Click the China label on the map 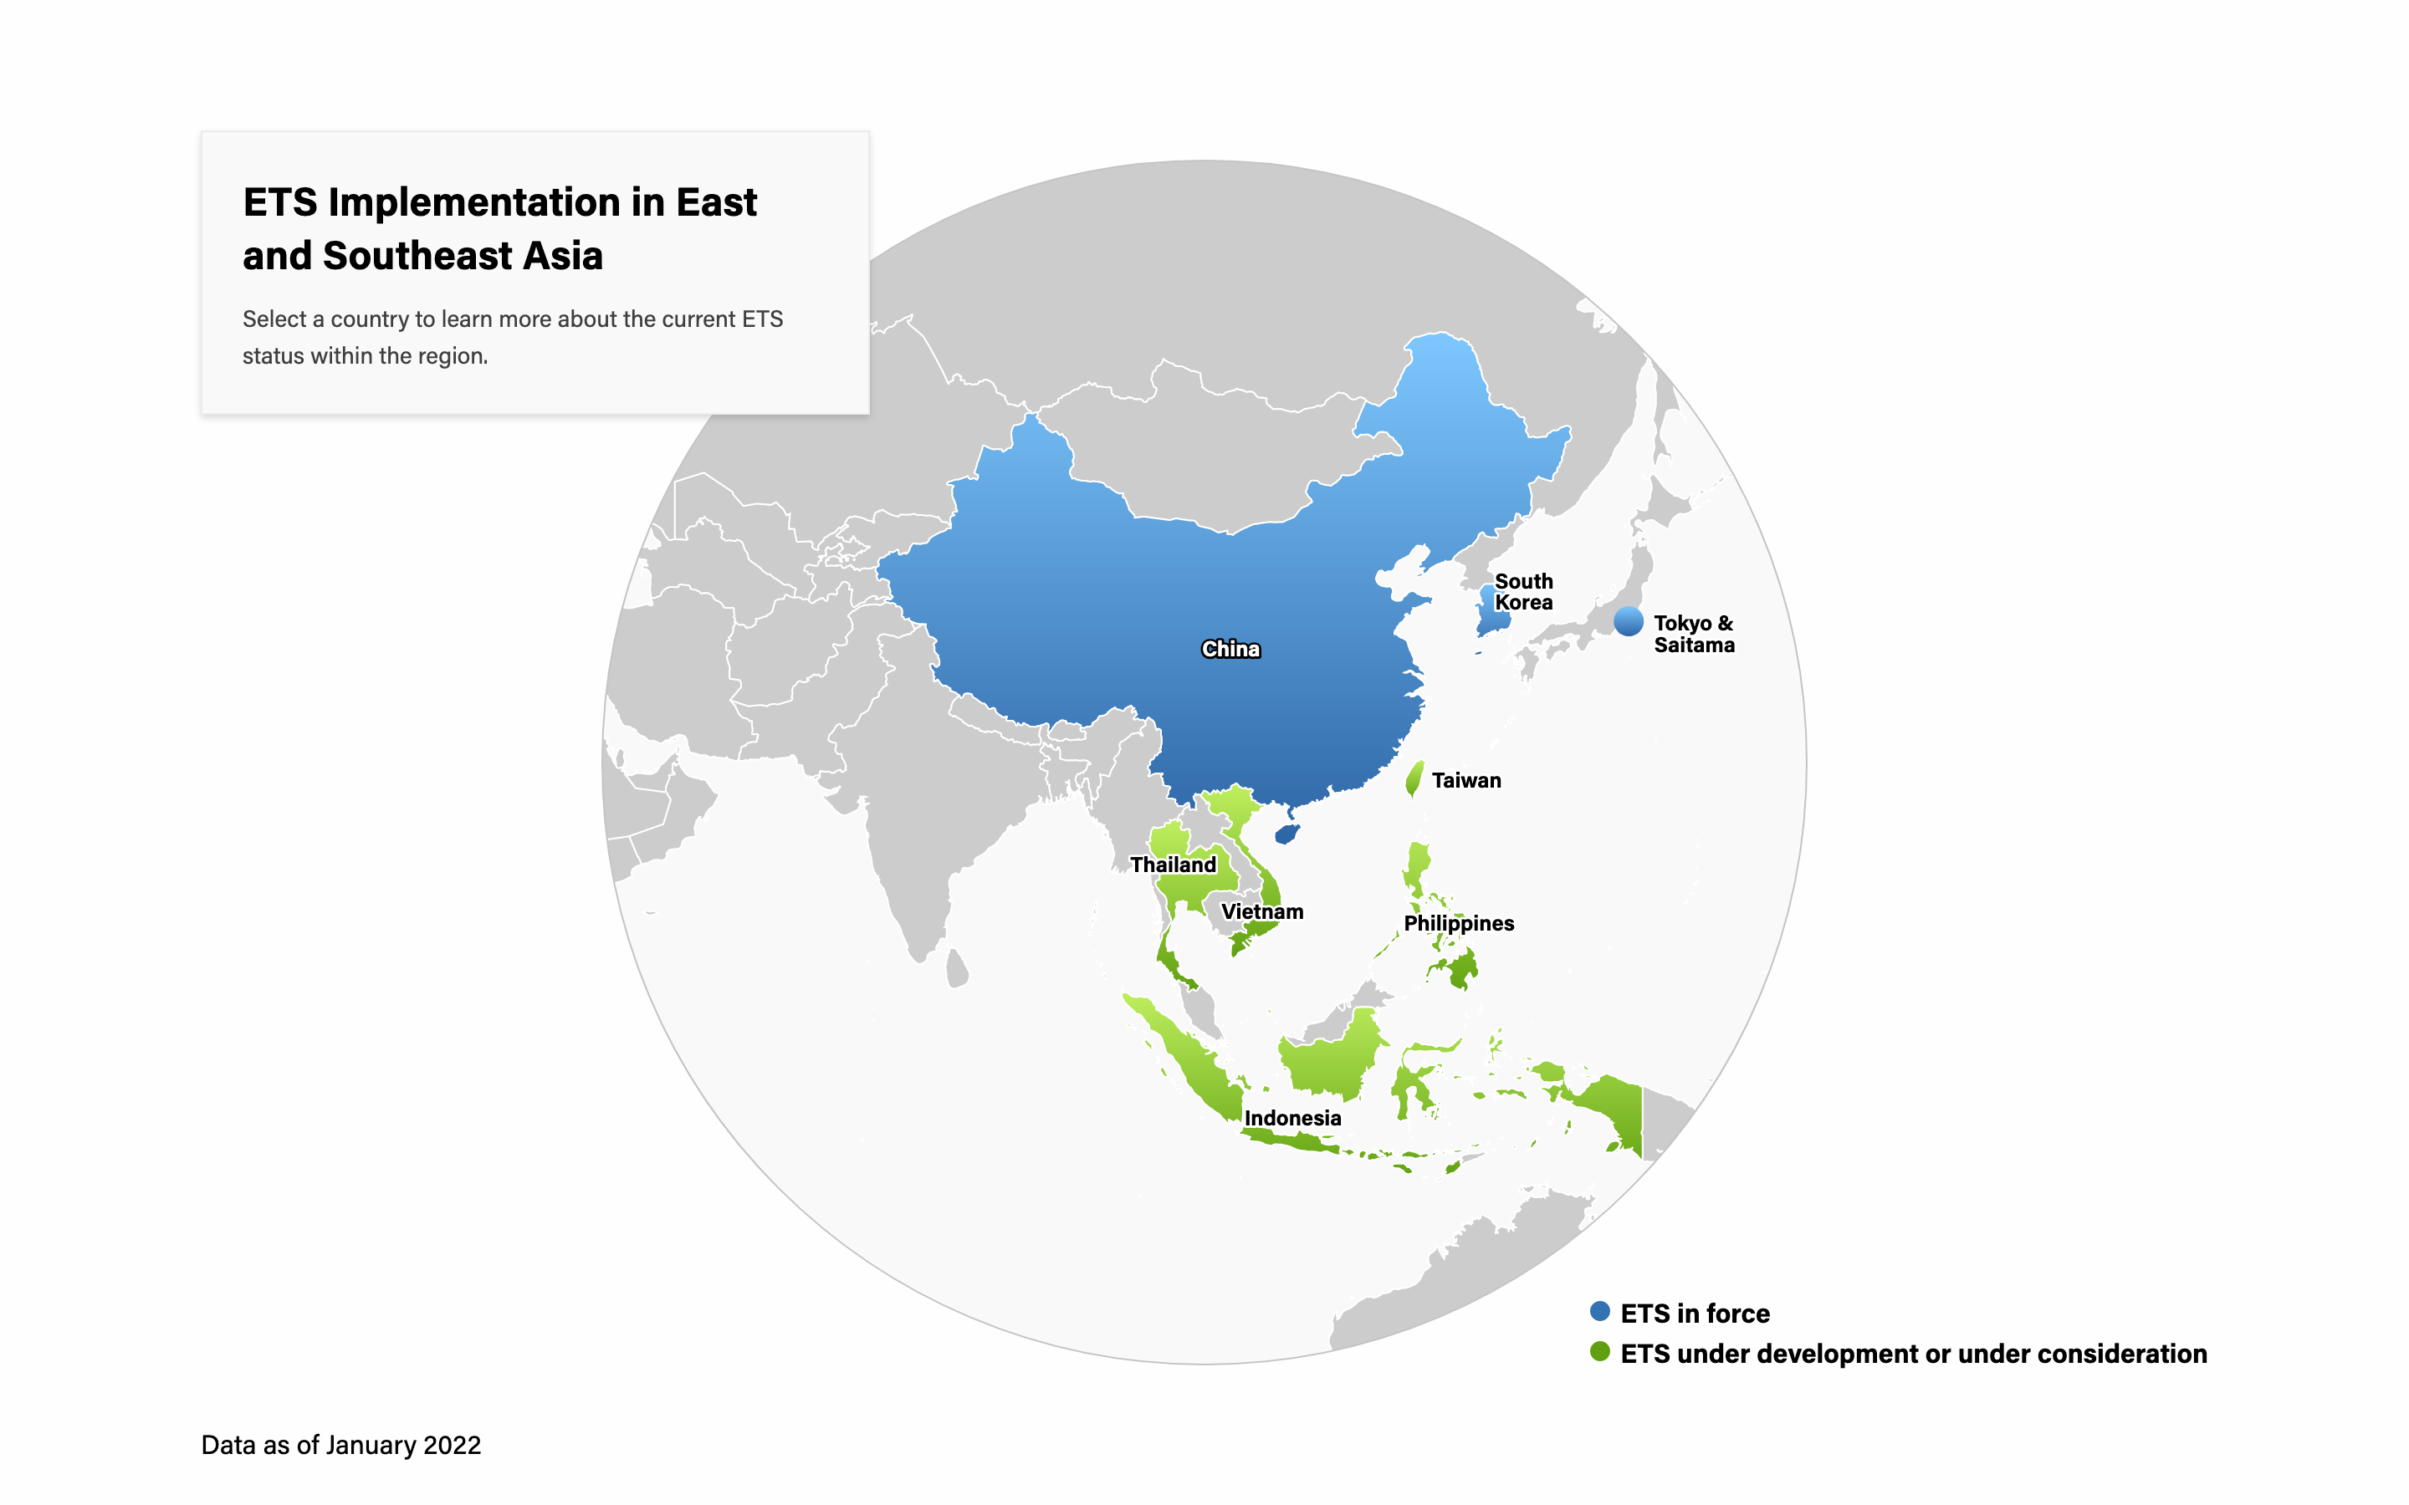coord(1230,649)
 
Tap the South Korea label coord(1523,591)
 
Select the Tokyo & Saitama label coord(1693,634)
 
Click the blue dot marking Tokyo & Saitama coord(1629,621)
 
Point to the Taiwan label coord(1465,780)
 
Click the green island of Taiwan coord(1414,778)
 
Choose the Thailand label coord(1173,864)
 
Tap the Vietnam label coord(1261,911)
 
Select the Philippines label coord(1458,923)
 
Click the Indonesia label coord(1292,1118)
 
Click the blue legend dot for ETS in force coord(1599,1311)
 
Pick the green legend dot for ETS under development coord(1599,1352)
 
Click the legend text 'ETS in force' coord(1695,1313)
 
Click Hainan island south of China coord(1287,833)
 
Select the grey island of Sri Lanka coord(957,967)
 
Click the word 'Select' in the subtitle coord(274,319)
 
